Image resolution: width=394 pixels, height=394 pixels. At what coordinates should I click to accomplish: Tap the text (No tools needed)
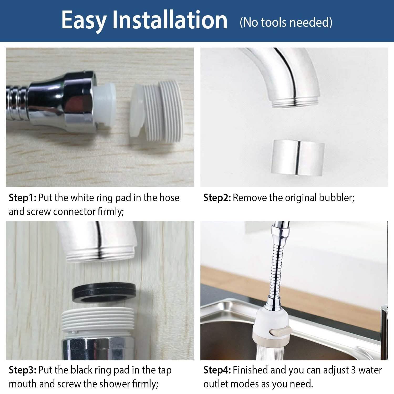point(286,22)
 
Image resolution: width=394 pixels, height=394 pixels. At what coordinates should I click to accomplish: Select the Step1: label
point(22,198)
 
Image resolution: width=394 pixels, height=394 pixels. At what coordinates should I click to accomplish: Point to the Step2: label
point(217,198)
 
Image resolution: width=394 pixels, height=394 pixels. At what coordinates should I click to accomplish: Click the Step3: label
point(22,370)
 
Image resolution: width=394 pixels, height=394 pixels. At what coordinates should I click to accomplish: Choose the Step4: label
point(217,370)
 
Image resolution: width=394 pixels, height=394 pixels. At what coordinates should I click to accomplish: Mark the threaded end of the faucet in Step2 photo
point(296,101)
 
